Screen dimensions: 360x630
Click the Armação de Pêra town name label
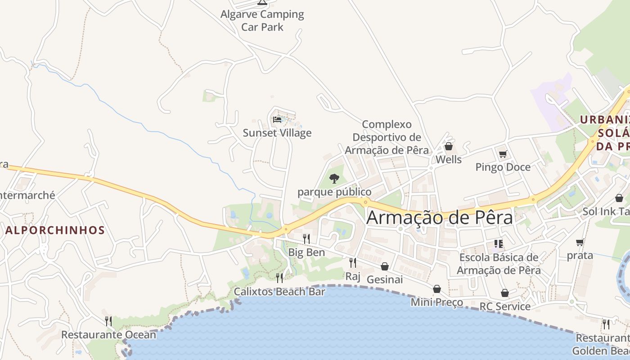click(x=440, y=218)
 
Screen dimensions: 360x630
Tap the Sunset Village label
click(x=277, y=133)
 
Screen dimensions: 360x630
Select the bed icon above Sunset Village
click(x=277, y=120)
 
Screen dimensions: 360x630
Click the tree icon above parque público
click(x=334, y=179)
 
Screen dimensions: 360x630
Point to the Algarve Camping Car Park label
click(x=262, y=20)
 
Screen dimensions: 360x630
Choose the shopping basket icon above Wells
click(x=448, y=146)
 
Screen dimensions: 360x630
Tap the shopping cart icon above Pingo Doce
click(x=503, y=154)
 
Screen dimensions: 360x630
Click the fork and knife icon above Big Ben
click(x=306, y=239)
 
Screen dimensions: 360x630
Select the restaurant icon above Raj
click(x=353, y=262)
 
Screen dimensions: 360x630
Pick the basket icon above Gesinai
click(x=385, y=266)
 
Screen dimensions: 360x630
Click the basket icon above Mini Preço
click(x=436, y=289)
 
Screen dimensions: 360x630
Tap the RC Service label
click(x=505, y=306)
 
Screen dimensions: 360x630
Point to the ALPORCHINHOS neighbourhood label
click(x=55, y=230)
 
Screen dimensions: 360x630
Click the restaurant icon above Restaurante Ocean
click(x=108, y=321)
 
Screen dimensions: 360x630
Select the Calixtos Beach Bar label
click(x=279, y=292)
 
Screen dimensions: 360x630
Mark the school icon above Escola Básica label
click(x=499, y=244)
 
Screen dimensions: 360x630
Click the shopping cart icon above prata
click(x=580, y=243)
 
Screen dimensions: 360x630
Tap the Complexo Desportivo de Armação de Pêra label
click(x=387, y=137)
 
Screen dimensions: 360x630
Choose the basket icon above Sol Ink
click(x=619, y=198)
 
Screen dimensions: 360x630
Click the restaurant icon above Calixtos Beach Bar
click(x=279, y=278)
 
